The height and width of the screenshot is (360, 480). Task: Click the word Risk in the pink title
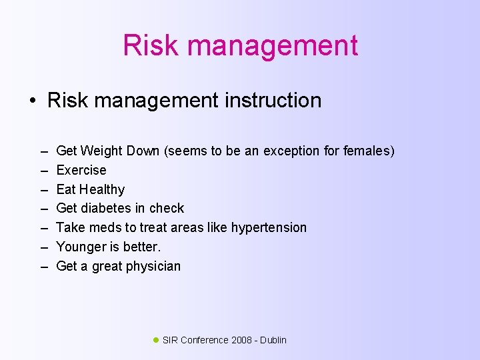tap(150, 46)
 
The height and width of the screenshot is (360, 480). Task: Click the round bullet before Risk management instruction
tap(32, 101)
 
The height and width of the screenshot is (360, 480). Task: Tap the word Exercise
tap(81, 170)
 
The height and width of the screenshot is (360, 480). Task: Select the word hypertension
tap(269, 227)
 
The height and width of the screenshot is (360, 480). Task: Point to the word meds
tap(101, 227)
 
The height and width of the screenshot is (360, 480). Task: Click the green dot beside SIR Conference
tap(157, 339)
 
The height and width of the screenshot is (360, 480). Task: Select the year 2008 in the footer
tap(242, 340)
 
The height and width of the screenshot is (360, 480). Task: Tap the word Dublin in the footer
tap(273, 340)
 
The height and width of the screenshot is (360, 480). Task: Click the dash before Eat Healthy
tap(43, 189)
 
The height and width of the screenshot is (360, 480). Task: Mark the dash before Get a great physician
tap(43, 266)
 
